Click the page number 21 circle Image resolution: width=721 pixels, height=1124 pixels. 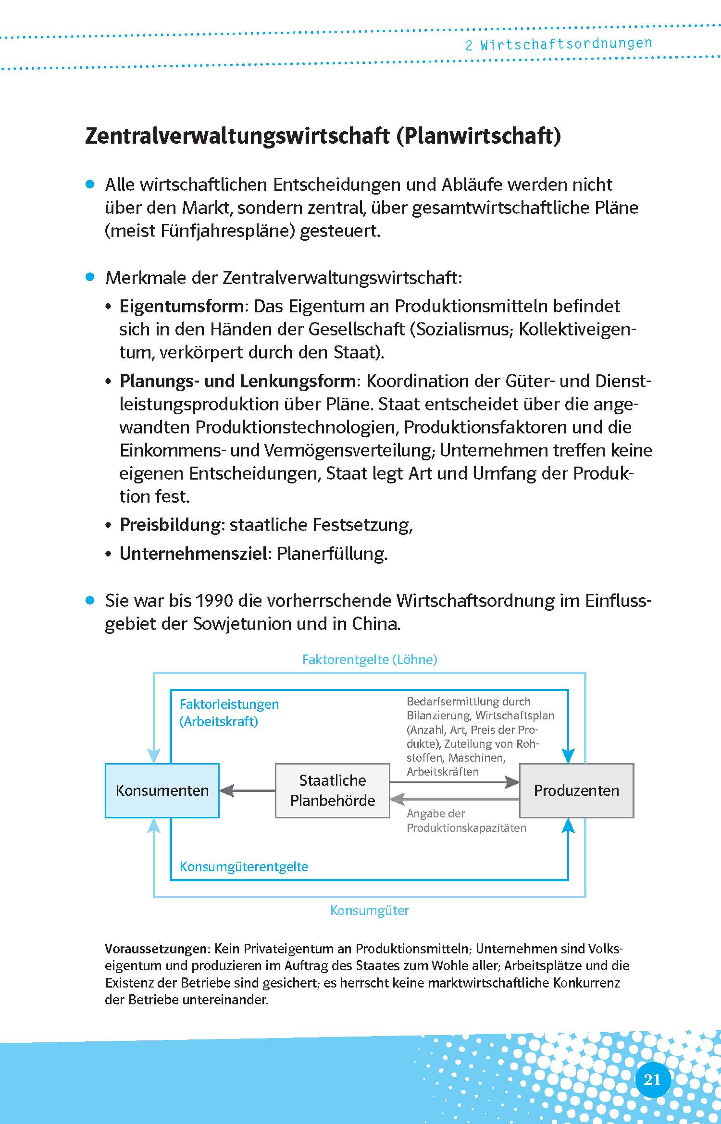[652, 1080]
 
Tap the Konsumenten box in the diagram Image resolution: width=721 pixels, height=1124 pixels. [162, 791]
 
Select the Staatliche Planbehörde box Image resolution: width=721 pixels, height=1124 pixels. [332, 791]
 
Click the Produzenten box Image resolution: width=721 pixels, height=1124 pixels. [576, 791]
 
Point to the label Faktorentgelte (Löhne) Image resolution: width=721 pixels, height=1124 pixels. [369, 659]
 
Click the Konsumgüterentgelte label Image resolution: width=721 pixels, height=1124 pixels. [244, 866]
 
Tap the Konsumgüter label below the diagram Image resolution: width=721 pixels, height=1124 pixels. [369, 910]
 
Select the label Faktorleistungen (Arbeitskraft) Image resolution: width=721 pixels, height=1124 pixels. [229, 713]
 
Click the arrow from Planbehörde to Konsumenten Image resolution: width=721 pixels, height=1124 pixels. [247, 791]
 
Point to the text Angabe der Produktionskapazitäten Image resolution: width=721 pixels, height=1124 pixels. [466, 820]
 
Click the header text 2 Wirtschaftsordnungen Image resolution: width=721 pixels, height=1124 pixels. [558, 44]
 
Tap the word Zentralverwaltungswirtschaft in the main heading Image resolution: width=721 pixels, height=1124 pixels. [237, 136]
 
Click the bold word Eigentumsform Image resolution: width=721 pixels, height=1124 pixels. [181, 306]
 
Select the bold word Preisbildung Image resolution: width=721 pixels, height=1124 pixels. [170, 525]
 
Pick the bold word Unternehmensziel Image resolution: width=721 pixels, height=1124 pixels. [193, 554]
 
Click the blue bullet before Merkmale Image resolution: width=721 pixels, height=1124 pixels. [90, 277]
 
